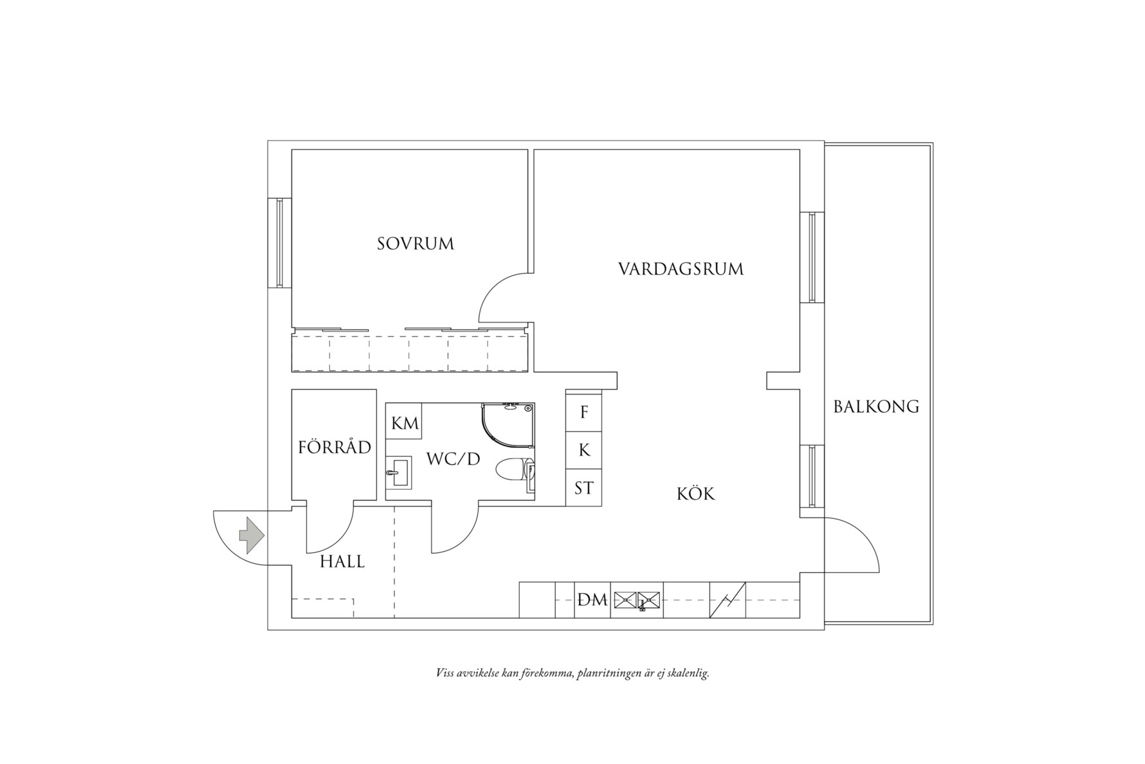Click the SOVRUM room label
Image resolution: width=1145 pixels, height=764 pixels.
415,244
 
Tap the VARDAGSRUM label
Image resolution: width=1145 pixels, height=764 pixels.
681,268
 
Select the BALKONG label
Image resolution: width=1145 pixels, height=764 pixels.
876,407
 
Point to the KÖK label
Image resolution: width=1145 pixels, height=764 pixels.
695,494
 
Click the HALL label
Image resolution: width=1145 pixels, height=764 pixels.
342,562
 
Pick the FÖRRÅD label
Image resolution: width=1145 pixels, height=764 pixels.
334,447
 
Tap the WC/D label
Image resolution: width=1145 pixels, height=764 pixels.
453,460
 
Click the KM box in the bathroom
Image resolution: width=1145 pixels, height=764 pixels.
405,423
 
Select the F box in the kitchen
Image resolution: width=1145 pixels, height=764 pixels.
584,412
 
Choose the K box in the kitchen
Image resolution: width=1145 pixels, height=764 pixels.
584,450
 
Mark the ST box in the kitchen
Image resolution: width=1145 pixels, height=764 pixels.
584,489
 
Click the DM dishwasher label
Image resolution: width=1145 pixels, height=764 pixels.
592,600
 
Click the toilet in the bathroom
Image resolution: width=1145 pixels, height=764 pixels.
513,470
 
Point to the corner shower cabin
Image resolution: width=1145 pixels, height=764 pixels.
508,425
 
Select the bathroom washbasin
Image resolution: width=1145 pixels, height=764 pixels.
399,473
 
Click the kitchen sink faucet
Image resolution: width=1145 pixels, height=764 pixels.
642,605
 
